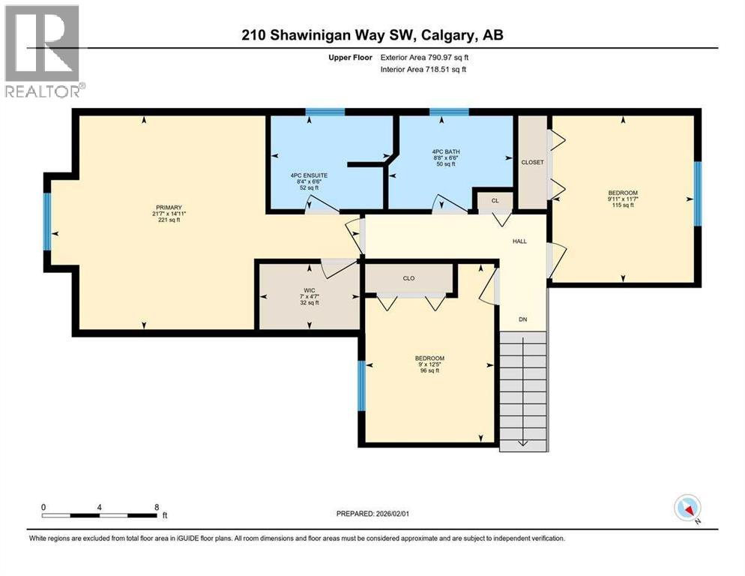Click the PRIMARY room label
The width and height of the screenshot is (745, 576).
point(169,207)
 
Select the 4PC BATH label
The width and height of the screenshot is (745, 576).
point(447,151)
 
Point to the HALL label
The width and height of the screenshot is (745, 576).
point(519,241)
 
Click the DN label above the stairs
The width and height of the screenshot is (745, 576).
point(524,319)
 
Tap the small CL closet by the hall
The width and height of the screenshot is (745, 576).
point(495,200)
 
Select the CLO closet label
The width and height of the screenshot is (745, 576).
point(408,278)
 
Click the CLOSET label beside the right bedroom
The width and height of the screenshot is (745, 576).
point(533,163)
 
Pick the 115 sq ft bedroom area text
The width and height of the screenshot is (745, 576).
point(623,205)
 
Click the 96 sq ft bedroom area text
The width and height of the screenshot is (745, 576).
point(429,370)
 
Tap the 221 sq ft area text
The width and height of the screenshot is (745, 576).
point(169,220)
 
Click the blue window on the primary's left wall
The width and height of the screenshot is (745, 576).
point(48,221)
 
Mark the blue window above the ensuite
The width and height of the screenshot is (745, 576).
point(325,112)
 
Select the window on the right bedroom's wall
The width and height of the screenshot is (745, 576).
point(697,193)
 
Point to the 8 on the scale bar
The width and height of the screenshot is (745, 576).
point(156,506)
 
